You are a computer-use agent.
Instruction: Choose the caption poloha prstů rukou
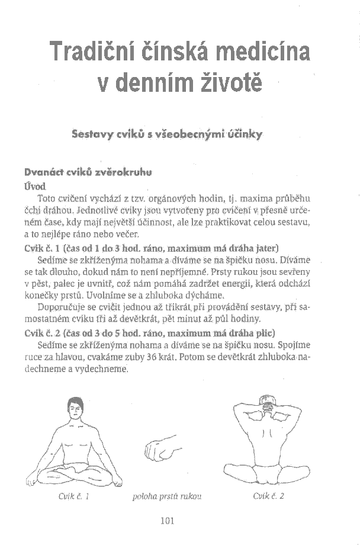[168, 496]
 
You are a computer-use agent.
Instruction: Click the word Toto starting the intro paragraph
[47, 198]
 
